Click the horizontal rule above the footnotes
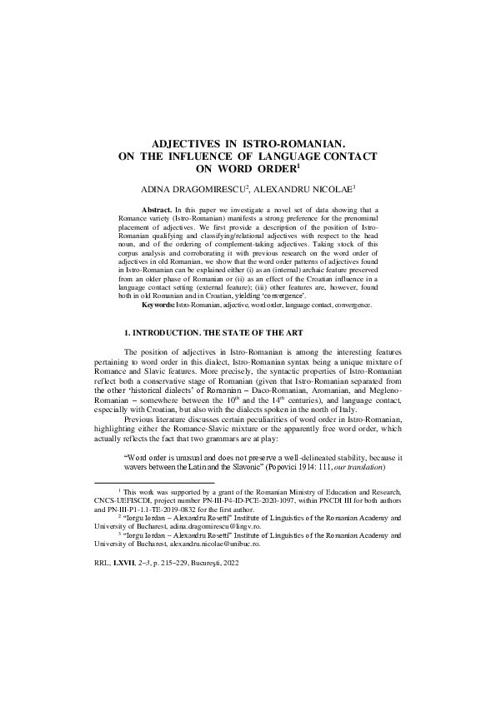(x=154, y=482)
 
